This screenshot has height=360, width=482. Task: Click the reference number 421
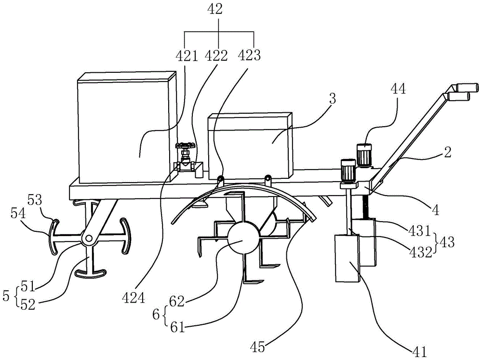pos(186,55)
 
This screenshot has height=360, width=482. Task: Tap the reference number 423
pos(250,55)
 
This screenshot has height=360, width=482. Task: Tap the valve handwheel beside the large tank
pos(184,146)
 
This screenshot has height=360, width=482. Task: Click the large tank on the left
pos(126,128)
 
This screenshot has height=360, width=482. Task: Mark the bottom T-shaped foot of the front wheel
pos(90,273)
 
